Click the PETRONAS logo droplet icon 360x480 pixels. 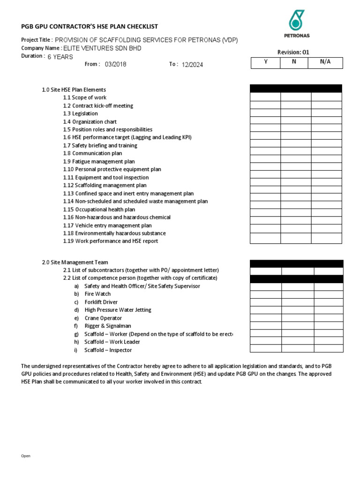[x=297, y=20]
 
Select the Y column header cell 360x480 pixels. [x=265, y=62]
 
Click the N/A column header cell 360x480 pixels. [x=325, y=62]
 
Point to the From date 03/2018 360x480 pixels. [x=115, y=65]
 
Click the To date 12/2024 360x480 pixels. [x=192, y=65]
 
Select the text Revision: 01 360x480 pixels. [x=293, y=52]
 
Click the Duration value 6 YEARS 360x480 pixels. [x=60, y=57]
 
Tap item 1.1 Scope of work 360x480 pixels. [x=85, y=97]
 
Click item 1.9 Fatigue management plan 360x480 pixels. [x=98, y=161]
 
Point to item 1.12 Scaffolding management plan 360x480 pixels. [x=105, y=185]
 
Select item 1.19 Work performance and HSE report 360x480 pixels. [x=111, y=241]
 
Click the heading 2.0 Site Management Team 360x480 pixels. [x=75, y=262]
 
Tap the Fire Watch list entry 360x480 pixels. [x=97, y=294]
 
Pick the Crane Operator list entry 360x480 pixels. [x=103, y=318]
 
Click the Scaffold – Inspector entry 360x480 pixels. [x=108, y=350]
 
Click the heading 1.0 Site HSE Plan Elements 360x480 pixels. [x=74, y=90]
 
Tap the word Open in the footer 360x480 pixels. [x=26, y=456]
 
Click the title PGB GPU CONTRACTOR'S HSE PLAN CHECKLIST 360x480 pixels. [x=90, y=27]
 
